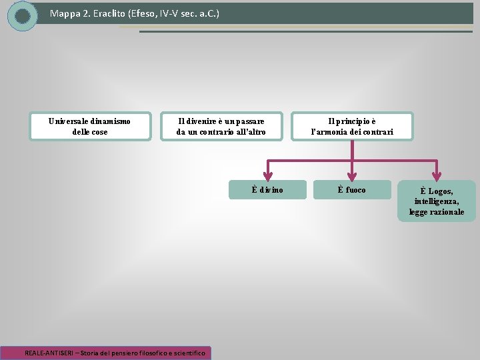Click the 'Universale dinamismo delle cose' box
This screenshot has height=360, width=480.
[x=90, y=126]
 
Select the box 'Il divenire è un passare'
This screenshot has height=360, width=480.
[x=221, y=126]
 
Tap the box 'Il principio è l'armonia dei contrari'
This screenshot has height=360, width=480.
[x=352, y=126]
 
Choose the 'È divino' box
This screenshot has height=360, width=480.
[x=267, y=190]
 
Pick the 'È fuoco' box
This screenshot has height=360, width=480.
[x=352, y=190]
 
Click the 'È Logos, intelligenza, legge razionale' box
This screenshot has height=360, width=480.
[x=437, y=201]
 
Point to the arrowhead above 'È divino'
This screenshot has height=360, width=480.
[x=267, y=175]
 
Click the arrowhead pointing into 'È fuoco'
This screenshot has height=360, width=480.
[x=352, y=175]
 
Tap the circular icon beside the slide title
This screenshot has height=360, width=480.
[x=23, y=16]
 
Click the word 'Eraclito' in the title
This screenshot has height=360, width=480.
[x=109, y=13]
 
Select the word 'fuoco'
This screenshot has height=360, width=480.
[x=356, y=190]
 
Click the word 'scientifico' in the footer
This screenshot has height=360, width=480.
[x=189, y=352]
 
